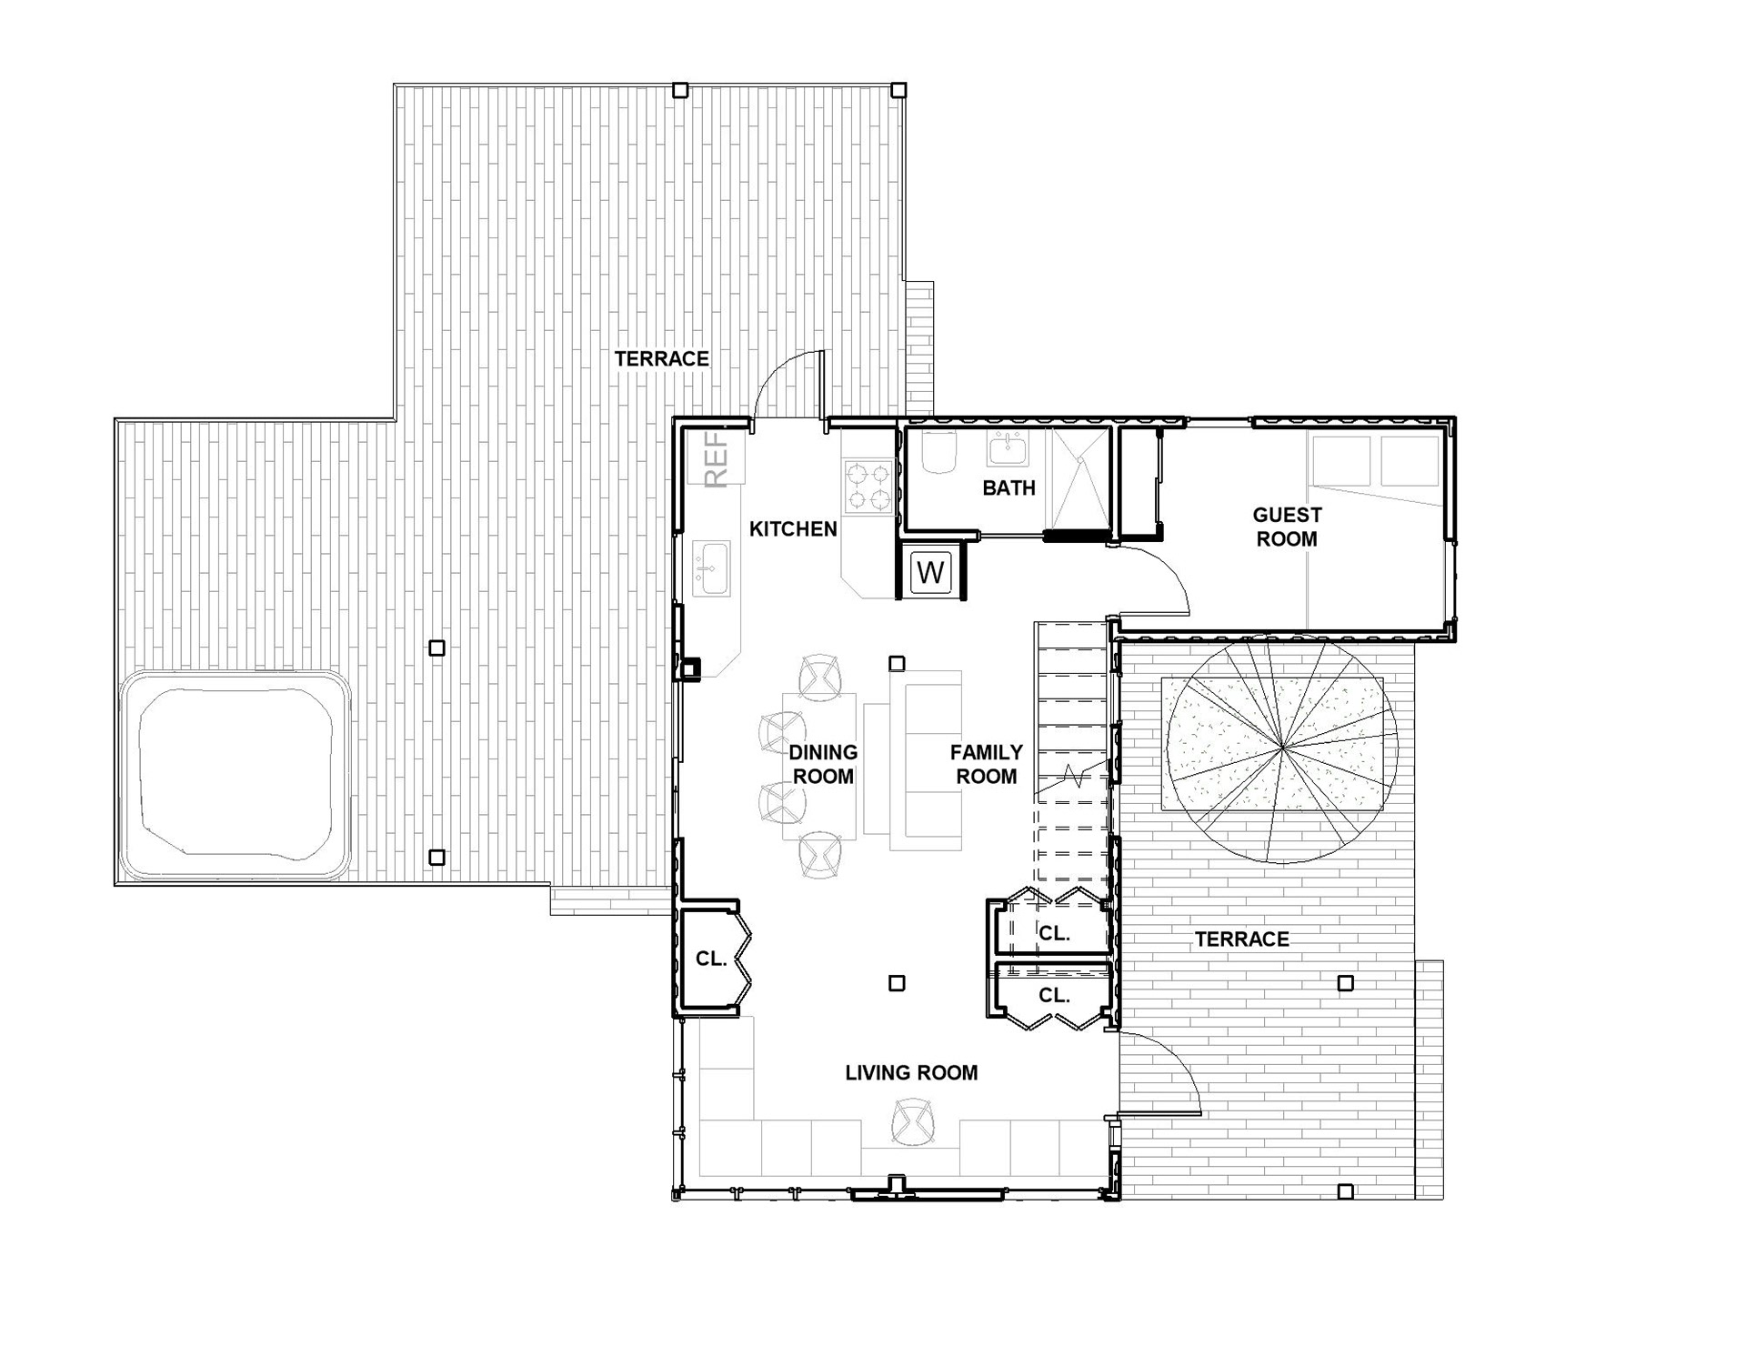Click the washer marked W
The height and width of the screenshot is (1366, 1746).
coord(930,572)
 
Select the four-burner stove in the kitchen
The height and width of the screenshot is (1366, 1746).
coord(868,487)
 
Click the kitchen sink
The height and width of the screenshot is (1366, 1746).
coord(711,568)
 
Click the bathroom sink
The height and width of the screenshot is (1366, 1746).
coord(1007,447)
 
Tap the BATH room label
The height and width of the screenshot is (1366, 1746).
coord(1008,488)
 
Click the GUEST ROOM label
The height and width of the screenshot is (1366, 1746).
coord(1287,527)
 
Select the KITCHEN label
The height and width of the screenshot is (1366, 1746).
coord(793,528)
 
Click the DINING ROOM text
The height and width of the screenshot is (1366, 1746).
coord(823,764)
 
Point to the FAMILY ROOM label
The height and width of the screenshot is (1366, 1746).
coord(987,764)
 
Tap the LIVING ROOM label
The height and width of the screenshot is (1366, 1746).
coord(911,1073)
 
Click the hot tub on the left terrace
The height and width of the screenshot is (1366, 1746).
coord(235,776)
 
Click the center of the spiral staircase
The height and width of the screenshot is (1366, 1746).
coord(1282,748)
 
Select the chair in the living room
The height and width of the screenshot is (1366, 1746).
coord(913,1122)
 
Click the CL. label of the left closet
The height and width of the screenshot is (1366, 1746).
coord(711,959)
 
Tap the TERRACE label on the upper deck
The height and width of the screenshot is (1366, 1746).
coord(661,359)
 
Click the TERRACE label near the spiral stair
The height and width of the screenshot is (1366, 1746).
coord(1241,939)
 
